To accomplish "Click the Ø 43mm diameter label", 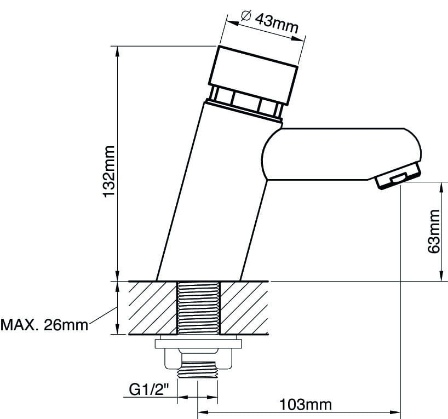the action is coord(269,22).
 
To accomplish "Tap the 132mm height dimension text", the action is coord(109,171).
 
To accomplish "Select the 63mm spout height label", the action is coord(434,232).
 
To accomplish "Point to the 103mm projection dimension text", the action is coord(306,405).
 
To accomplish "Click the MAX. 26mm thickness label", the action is coord(44,325).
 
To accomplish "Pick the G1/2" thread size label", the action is coord(149,389).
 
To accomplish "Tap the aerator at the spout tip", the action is coord(398,176).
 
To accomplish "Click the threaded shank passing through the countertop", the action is coord(199,308).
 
